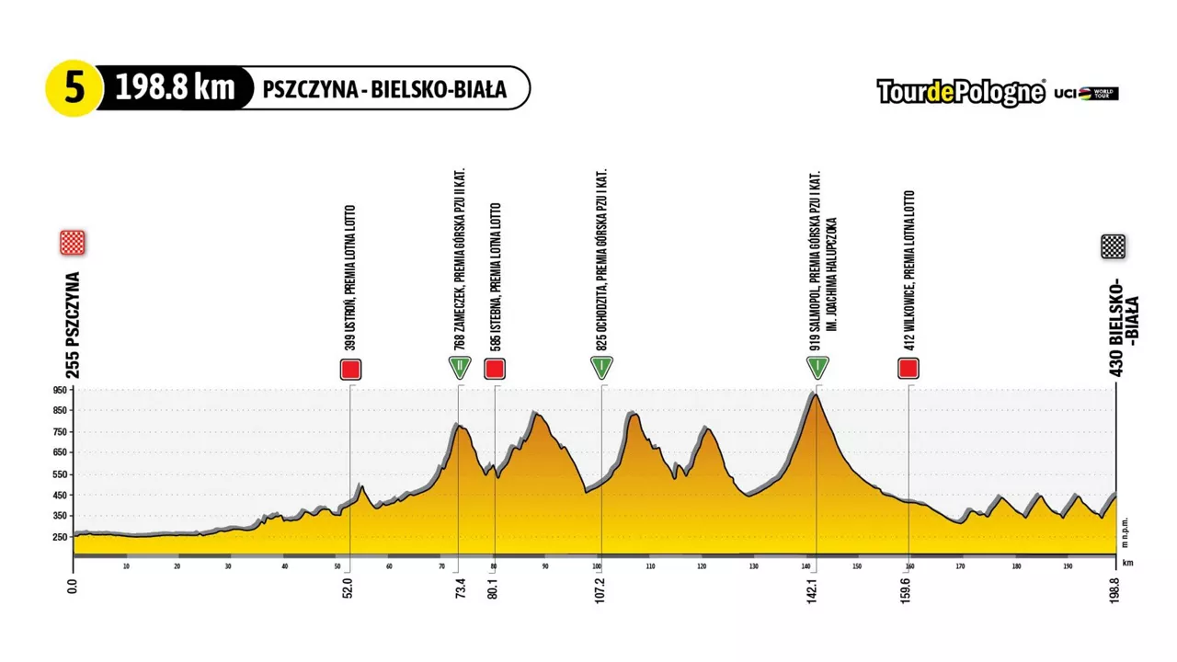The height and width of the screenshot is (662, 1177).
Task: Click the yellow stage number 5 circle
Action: coord(73,89)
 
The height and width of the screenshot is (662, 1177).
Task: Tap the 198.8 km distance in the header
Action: coord(175,89)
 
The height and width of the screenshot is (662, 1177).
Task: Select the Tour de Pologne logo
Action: coord(961,92)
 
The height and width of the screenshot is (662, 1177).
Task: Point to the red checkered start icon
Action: coord(73,243)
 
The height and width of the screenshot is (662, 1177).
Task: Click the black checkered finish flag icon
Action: coord(1113,246)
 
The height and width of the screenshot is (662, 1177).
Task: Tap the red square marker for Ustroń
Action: coord(350,370)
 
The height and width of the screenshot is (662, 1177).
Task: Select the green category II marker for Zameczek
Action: coord(460,367)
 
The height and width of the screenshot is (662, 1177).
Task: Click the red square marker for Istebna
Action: coord(495,370)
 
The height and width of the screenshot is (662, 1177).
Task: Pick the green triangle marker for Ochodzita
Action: coord(601,367)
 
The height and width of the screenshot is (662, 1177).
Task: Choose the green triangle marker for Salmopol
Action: coord(817,367)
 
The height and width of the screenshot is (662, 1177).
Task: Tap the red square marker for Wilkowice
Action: coord(908,369)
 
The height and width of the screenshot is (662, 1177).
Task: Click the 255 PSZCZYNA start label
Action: coord(74,325)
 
